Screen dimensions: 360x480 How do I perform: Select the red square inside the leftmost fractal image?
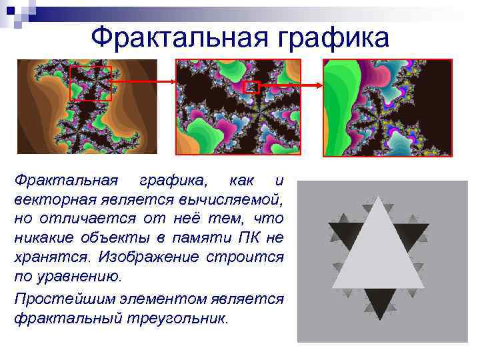[91, 83]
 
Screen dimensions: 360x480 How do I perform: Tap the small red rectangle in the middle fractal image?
[251, 87]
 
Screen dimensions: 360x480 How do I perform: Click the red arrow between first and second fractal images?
[143, 81]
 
